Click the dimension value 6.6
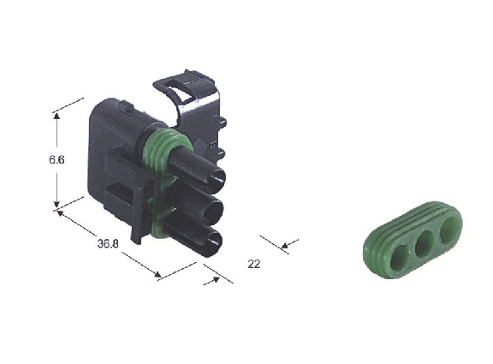coord(56,159)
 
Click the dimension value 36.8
coord(108,243)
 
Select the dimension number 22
coord(254,264)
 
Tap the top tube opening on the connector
coord(217,180)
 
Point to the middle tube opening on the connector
coord(215,212)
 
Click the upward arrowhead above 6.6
coord(56,116)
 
